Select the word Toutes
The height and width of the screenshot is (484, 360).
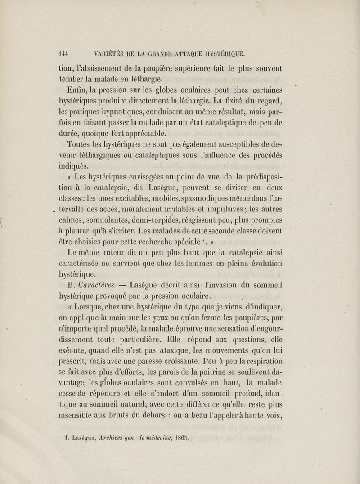(x=80, y=143)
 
